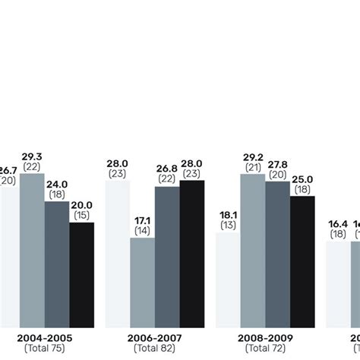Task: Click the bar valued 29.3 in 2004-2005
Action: pyautogui.click(x=32, y=251)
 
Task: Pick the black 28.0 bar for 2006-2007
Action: pyautogui.click(x=192, y=254)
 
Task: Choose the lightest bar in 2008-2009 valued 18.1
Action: pyautogui.click(x=228, y=280)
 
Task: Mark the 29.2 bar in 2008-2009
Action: pyautogui.click(x=253, y=251)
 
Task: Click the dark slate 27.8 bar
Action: pyautogui.click(x=277, y=254)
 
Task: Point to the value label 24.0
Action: pyautogui.click(x=57, y=183)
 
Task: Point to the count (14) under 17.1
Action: pyautogui.click(x=142, y=229)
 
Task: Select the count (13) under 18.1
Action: pyautogui.click(x=228, y=225)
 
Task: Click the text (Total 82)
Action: pyautogui.click(x=155, y=348)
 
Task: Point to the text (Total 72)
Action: pyautogui.click(x=265, y=348)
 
